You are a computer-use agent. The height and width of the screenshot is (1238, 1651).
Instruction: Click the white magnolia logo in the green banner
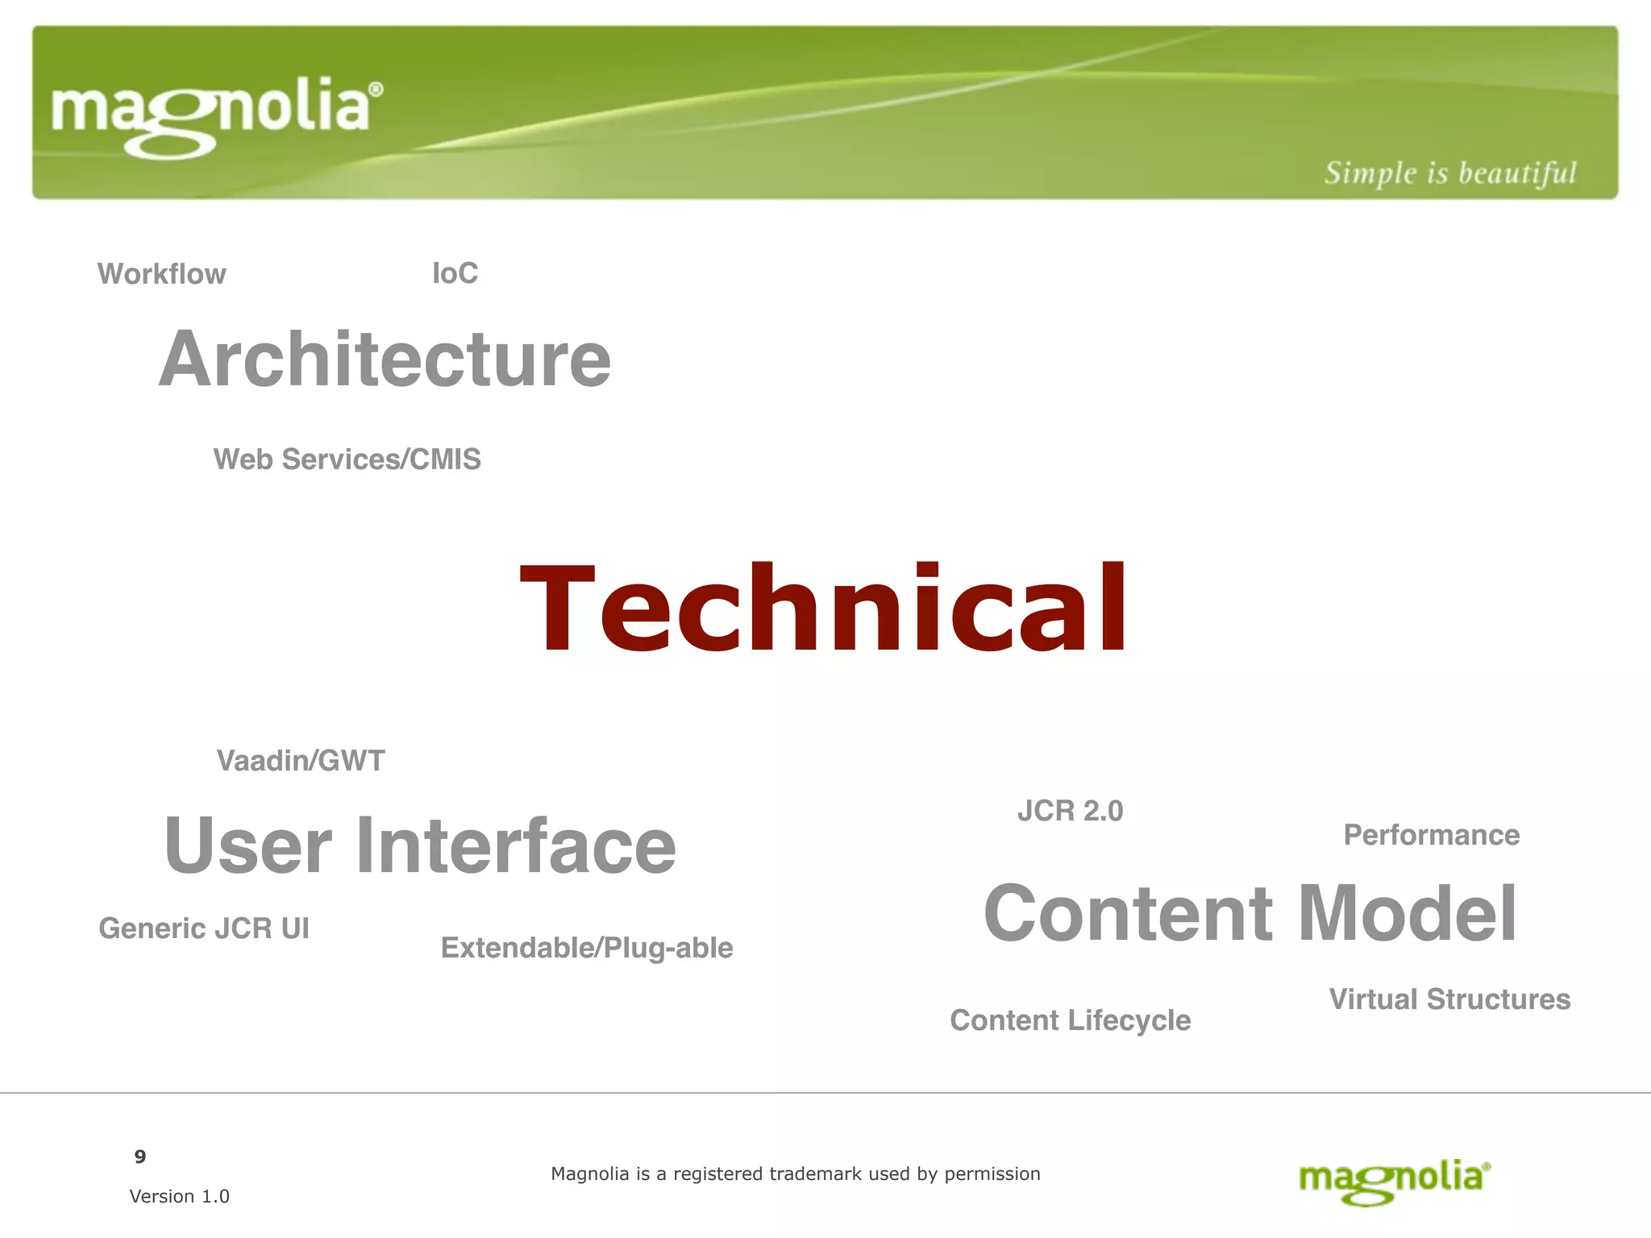(216, 114)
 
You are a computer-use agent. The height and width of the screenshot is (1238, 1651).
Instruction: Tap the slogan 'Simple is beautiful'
(1449, 173)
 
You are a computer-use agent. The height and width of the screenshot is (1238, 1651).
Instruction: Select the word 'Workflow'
(162, 274)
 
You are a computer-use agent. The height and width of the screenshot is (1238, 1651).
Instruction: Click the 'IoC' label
(455, 273)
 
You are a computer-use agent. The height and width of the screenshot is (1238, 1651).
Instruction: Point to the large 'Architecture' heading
(385, 359)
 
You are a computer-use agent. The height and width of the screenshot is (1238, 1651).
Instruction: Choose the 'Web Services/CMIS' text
(347, 459)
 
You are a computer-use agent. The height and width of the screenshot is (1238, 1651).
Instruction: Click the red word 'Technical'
(824, 609)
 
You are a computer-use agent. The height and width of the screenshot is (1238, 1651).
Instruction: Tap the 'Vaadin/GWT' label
(301, 761)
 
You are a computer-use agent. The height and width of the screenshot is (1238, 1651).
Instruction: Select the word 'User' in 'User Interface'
(247, 845)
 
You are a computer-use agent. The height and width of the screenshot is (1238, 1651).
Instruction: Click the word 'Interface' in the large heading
(516, 845)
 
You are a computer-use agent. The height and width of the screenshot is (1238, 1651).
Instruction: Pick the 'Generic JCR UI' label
(204, 928)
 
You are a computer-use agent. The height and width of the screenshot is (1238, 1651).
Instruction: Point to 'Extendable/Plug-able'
(587, 949)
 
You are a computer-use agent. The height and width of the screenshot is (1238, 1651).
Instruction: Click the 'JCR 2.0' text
(1070, 811)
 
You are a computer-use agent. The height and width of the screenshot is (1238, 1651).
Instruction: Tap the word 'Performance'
(1431, 835)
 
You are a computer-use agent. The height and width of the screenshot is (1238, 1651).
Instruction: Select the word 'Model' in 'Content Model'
(1407, 913)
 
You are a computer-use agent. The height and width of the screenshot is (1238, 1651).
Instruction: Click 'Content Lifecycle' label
(1070, 1020)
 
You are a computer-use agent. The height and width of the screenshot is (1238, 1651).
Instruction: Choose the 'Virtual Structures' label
(1449, 999)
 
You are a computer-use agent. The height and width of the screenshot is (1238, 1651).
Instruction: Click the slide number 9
(140, 1157)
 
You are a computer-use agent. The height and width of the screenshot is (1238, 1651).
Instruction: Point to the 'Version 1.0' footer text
(179, 1196)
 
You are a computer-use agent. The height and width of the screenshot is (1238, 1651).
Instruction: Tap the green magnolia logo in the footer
(1395, 1181)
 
